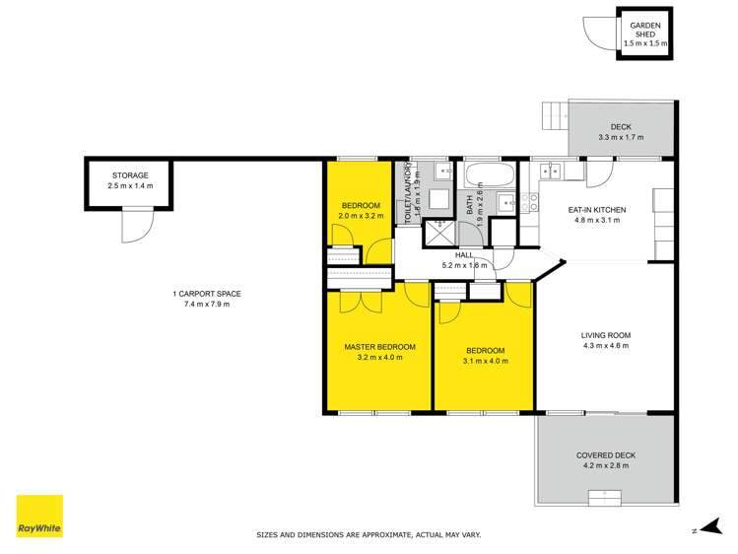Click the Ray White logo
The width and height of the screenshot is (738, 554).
[39, 518]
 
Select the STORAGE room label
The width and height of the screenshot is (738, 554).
[130, 175]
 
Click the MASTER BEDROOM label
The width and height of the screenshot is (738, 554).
[379, 347]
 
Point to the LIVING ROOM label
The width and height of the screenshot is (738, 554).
[605, 336]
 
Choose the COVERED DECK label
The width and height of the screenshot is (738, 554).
[606, 454]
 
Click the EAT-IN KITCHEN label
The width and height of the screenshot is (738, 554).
[597, 210]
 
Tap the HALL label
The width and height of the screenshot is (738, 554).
[465, 254]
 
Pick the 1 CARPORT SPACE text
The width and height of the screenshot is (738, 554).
[206, 294]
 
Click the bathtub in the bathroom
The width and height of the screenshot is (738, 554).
[490, 179]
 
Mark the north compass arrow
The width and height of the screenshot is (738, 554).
[703, 529]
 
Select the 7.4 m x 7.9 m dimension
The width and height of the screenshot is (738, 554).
[206, 304]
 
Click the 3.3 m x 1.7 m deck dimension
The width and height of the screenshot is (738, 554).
[621, 137]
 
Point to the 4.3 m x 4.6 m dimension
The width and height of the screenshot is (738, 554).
[605, 346]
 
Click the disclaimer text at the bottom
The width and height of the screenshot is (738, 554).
[369, 535]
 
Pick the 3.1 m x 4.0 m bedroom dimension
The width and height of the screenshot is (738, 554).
[485, 361]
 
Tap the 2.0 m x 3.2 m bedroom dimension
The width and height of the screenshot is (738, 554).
[360, 215]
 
